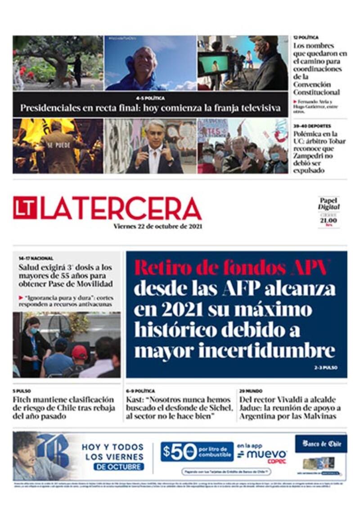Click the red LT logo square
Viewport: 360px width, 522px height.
tap(25, 207)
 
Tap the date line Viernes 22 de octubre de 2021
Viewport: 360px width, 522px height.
tap(157, 226)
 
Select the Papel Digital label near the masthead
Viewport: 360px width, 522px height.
tap(328, 203)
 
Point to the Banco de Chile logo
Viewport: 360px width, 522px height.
tap(321, 444)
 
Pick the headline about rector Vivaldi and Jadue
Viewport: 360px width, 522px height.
tap(290, 408)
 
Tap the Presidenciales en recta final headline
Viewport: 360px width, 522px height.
tap(150, 108)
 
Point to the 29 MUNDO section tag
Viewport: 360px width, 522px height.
tap(251, 391)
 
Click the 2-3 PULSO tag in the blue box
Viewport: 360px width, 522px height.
tap(325, 368)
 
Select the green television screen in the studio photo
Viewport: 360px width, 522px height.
tap(215, 63)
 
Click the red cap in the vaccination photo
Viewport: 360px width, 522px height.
tap(80, 351)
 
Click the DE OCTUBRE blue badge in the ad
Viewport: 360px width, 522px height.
tap(119, 467)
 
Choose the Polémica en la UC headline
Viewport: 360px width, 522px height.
tap(319, 152)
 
